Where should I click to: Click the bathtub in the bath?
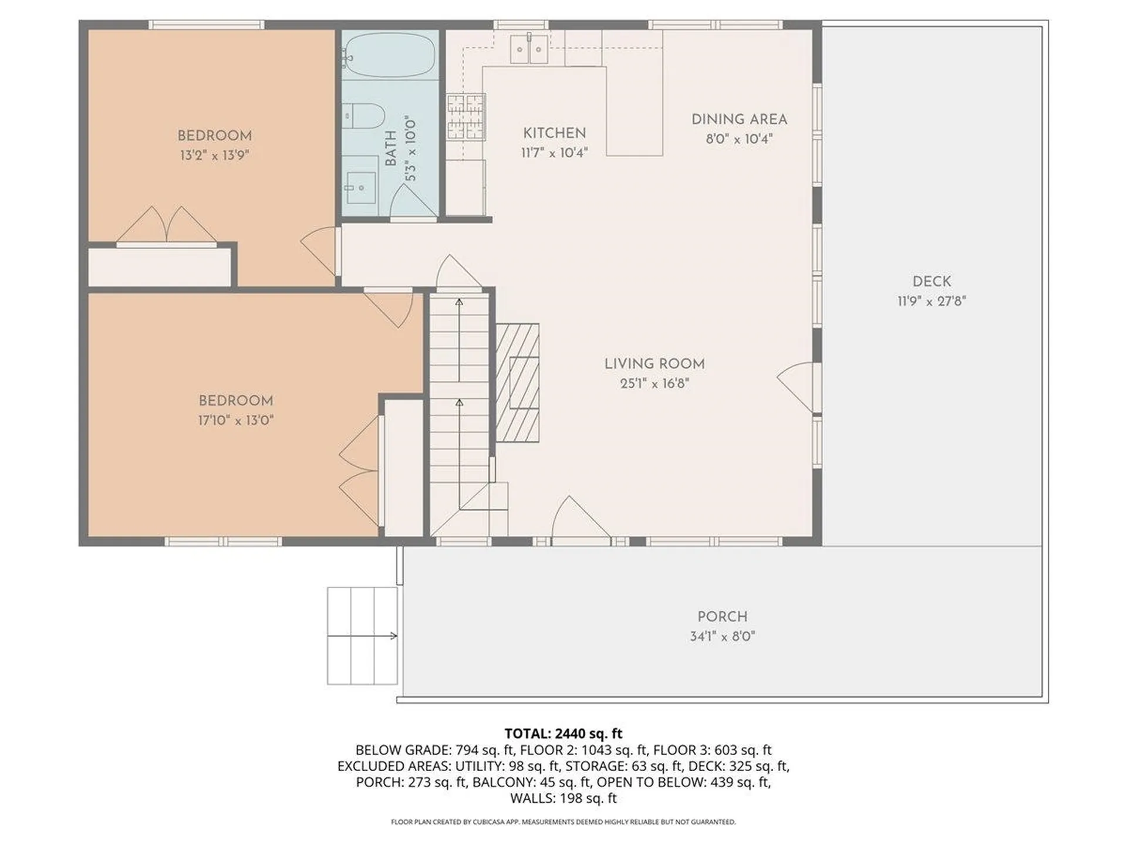click(x=389, y=55)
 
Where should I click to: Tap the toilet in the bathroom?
click(x=364, y=116)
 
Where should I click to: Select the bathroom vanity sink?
click(x=360, y=188)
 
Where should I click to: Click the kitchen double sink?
click(x=529, y=49)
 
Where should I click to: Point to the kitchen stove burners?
click(x=466, y=117)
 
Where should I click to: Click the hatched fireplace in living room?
click(x=517, y=382)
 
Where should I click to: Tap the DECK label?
click(x=932, y=281)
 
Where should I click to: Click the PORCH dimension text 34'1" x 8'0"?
click(x=722, y=636)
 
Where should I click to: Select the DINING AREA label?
click(x=739, y=119)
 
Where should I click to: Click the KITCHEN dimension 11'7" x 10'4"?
click(x=554, y=153)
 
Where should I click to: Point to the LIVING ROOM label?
click(x=654, y=364)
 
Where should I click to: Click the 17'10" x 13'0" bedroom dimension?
click(x=235, y=420)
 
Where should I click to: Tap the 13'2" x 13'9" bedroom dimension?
click(x=214, y=156)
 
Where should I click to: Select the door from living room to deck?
click(x=798, y=384)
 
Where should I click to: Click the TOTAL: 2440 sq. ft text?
click(x=563, y=734)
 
